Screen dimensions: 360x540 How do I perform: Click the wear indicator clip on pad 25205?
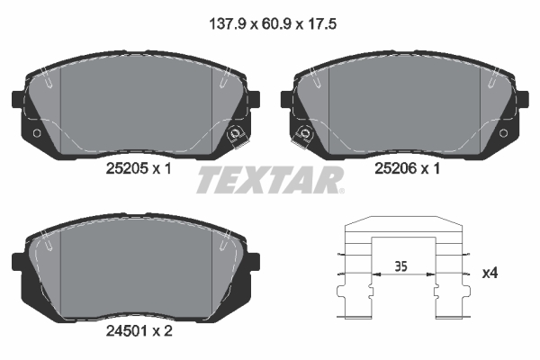[237, 136]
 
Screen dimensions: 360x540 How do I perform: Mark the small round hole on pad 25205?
[36, 135]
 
